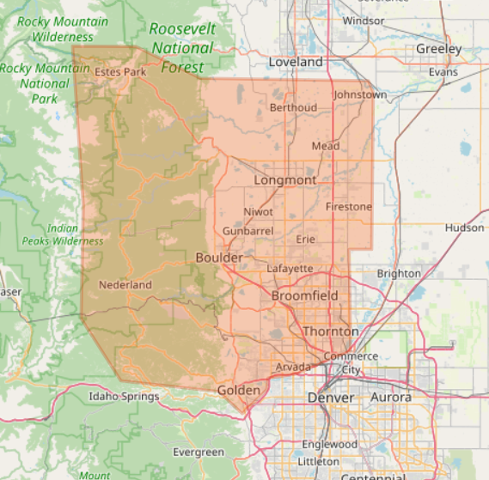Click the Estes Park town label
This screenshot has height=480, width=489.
pyautogui.click(x=120, y=71)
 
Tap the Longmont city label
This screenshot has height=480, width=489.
pyautogui.click(x=284, y=180)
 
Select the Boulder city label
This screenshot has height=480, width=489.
pyautogui.click(x=219, y=258)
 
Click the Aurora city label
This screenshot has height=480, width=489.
pyautogui.click(x=391, y=398)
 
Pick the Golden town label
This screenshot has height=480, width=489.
pyautogui.click(x=238, y=390)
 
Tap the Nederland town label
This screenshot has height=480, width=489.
pyautogui.click(x=125, y=284)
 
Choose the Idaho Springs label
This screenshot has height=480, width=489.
pyautogui.click(x=124, y=397)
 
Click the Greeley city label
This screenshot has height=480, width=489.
pyautogui.click(x=438, y=49)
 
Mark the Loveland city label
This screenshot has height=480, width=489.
pyautogui.click(x=296, y=62)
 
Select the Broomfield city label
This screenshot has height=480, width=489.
pyautogui.click(x=305, y=295)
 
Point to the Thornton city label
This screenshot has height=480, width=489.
pyautogui.click(x=330, y=331)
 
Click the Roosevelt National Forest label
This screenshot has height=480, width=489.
pyautogui.click(x=182, y=48)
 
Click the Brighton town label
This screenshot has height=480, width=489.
pyautogui.click(x=399, y=273)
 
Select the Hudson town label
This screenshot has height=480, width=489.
pyautogui.click(x=464, y=228)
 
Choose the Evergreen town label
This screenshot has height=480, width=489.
pyautogui.click(x=199, y=452)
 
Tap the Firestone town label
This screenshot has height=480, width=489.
pyautogui.click(x=349, y=207)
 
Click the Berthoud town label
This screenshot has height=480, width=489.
pyautogui.click(x=293, y=107)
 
